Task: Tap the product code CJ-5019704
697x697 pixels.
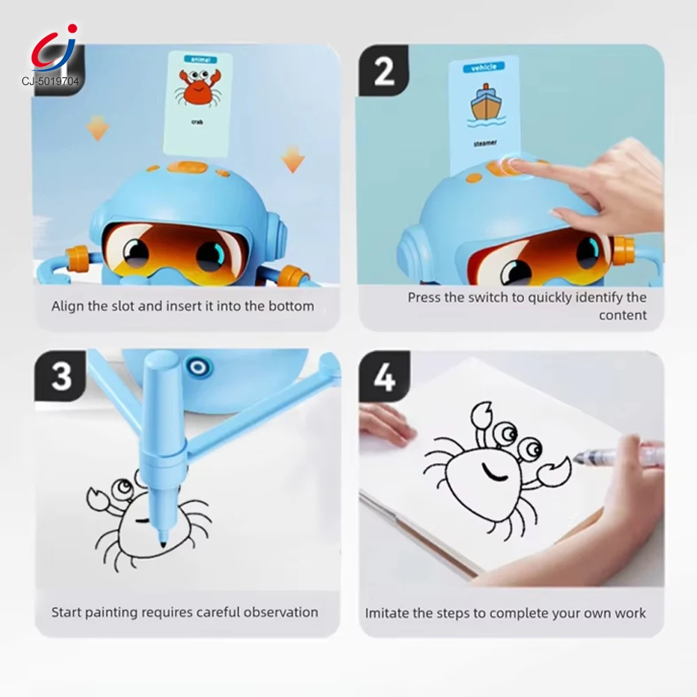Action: point(50,81)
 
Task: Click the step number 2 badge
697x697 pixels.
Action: point(384,71)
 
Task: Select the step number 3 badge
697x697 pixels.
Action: point(61,376)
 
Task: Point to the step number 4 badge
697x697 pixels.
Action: point(384,376)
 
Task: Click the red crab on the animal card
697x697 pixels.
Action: point(198,88)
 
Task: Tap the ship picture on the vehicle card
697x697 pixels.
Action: point(487,105)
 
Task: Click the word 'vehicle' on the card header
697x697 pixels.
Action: point(484,67)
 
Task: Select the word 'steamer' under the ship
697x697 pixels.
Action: point(485,143)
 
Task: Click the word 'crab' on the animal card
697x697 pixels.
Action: point(197,122)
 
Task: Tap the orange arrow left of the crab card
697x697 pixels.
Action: point(98,128)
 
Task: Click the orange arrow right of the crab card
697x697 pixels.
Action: point(293,159)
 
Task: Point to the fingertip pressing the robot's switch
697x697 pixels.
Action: point(516,165)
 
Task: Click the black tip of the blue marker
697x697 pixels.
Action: point(162,542)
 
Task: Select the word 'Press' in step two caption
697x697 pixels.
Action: point(423,298)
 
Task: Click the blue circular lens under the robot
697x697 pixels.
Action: point(199,367)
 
